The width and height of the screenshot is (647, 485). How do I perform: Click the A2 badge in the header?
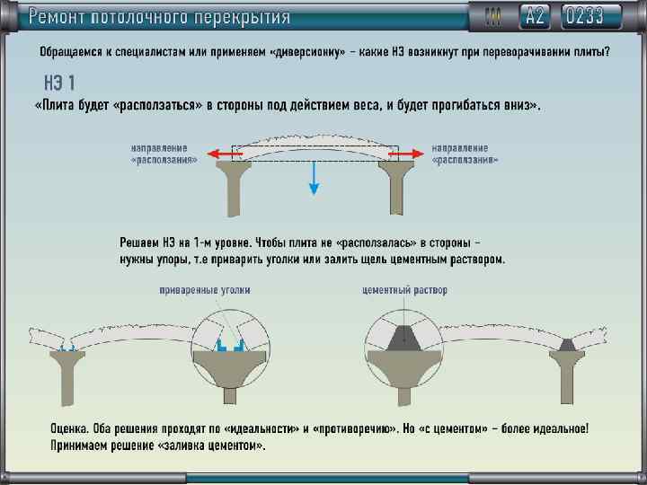point(536,16)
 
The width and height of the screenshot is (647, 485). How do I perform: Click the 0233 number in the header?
point(595,16)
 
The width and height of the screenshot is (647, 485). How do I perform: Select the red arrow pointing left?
point(225,154)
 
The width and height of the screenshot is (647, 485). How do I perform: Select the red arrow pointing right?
point(403,154)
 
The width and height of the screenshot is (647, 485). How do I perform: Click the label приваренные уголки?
point(205,290)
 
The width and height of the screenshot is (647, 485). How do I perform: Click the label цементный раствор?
point(404,290)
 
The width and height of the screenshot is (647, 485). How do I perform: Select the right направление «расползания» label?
point(465,153)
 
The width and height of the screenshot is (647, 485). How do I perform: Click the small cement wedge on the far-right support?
point(568,344)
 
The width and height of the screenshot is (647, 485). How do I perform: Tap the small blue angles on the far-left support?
point(65,346)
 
